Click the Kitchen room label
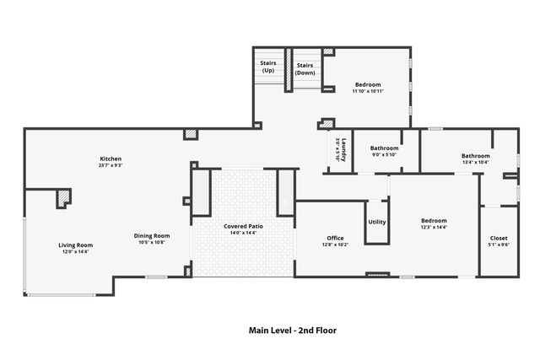(x=111, y=159)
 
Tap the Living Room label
(x=74, y=244)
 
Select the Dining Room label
(x=152, y=235)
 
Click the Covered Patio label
(x=242, y=226)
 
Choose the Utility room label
(x=376, y=222)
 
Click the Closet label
(x=499, y=238)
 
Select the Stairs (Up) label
(x=268, y=67)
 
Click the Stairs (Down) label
(x=305, y=68)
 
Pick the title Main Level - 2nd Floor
(x=292, y=330)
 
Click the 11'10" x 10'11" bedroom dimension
(x=368, y=91)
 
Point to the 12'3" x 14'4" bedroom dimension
(x=434, y=228)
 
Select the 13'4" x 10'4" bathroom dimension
(x=475, y=162)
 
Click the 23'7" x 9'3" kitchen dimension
(x=111, y=165)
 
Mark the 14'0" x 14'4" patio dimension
(x=242, y=233)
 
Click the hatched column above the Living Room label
(x=64, y=198)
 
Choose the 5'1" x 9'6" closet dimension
(x=499, y=244)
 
